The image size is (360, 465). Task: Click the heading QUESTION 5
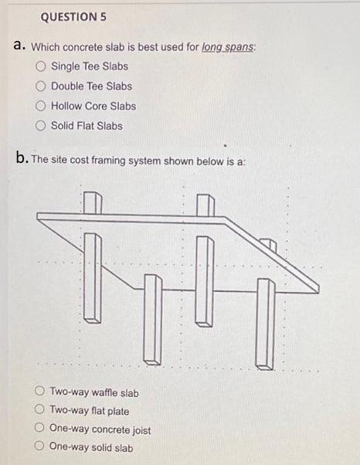point(71,16)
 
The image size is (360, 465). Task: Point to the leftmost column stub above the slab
point(93,202)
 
